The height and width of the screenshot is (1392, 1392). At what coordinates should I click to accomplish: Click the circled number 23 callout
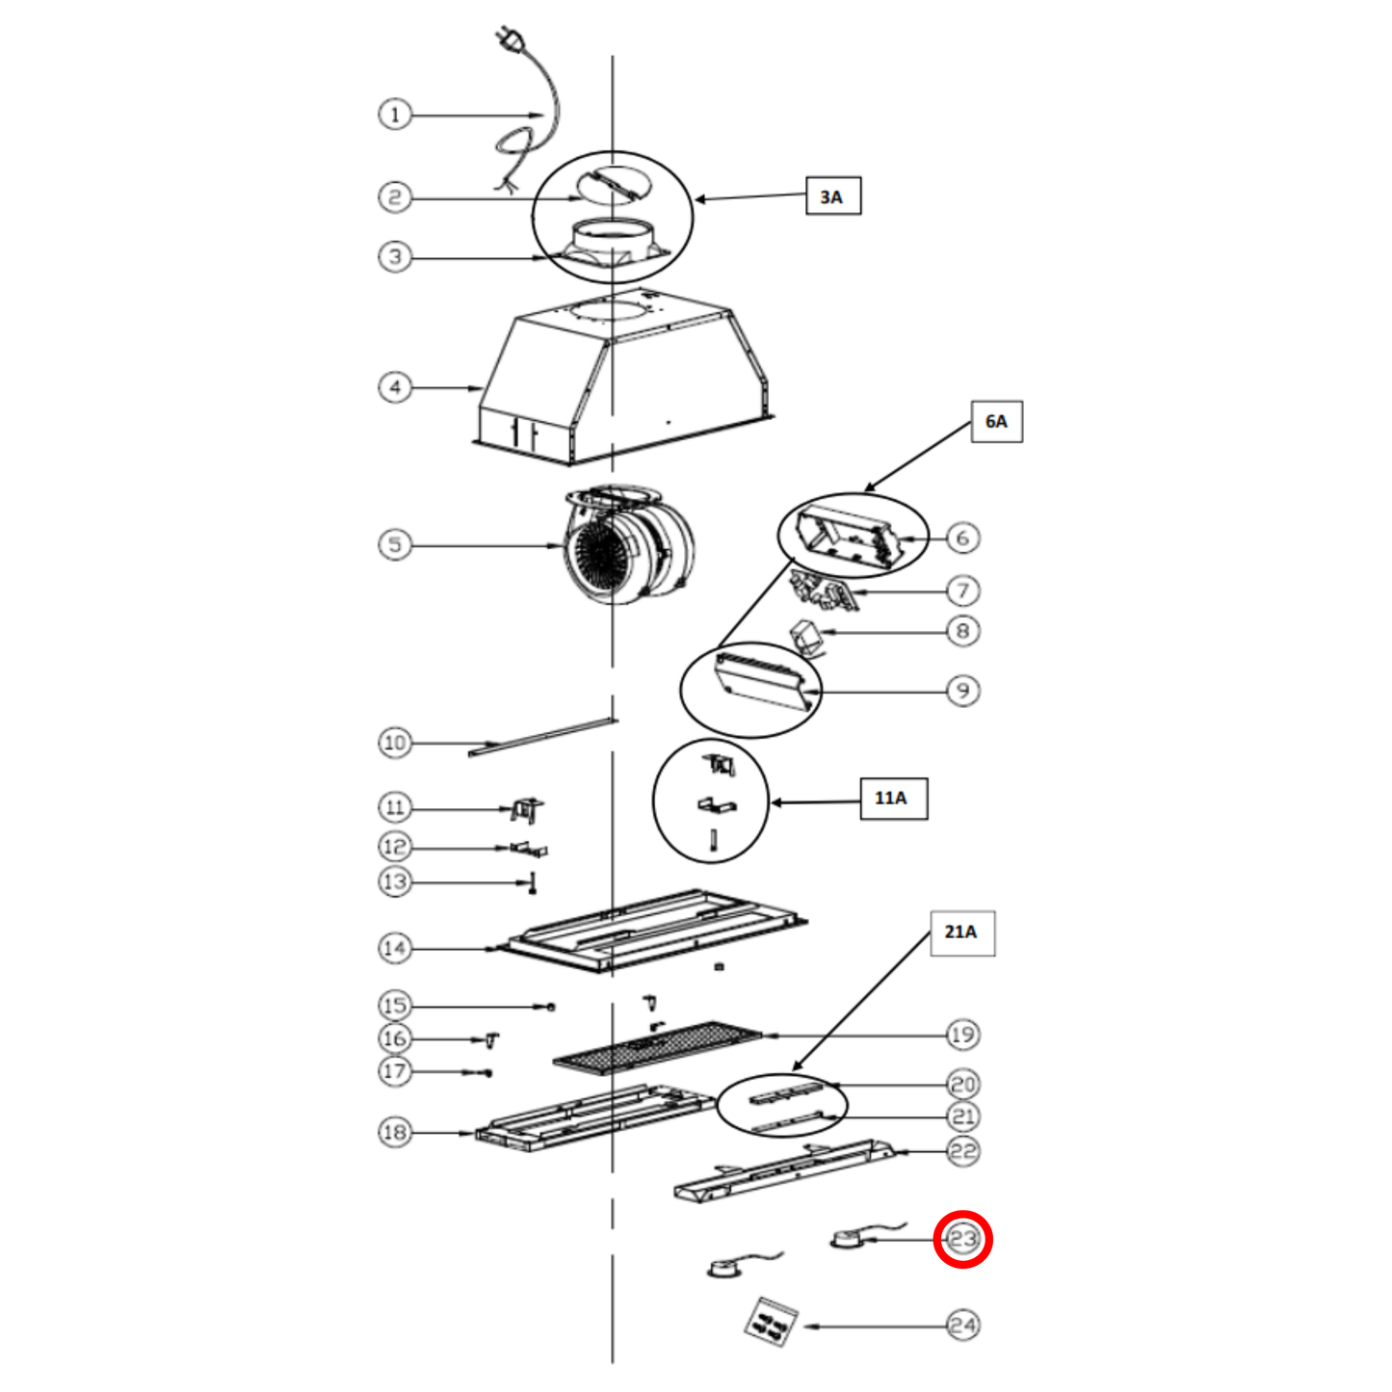[963, 1239]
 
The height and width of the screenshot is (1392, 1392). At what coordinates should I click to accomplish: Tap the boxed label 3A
[833, 196]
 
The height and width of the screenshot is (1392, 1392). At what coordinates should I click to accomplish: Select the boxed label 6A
[996, 420]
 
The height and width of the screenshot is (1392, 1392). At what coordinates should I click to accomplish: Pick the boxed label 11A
[894, 799]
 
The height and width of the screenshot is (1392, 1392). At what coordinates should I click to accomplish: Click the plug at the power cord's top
[507, 39]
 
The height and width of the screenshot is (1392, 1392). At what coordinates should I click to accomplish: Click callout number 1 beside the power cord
[395, 114]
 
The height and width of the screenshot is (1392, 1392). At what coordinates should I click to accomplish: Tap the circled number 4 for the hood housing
[395, 387]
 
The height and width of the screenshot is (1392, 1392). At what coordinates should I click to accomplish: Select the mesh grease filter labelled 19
[657, 1047]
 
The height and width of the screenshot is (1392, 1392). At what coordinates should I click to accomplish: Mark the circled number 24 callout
[963, 1326]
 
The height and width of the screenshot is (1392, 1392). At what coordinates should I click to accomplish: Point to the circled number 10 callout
[395, 743]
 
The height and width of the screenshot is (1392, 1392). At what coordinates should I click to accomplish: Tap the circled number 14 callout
[395, 948]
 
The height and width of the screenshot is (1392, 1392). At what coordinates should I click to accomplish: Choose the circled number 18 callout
[395, 1132]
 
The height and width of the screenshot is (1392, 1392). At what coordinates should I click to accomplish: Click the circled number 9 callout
[963, 691]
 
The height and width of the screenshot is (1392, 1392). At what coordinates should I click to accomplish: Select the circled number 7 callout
[963, 591]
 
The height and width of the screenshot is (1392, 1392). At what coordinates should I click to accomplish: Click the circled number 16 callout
[395, 1038]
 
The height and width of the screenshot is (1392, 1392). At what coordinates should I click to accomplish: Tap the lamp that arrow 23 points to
[848, 1240]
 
